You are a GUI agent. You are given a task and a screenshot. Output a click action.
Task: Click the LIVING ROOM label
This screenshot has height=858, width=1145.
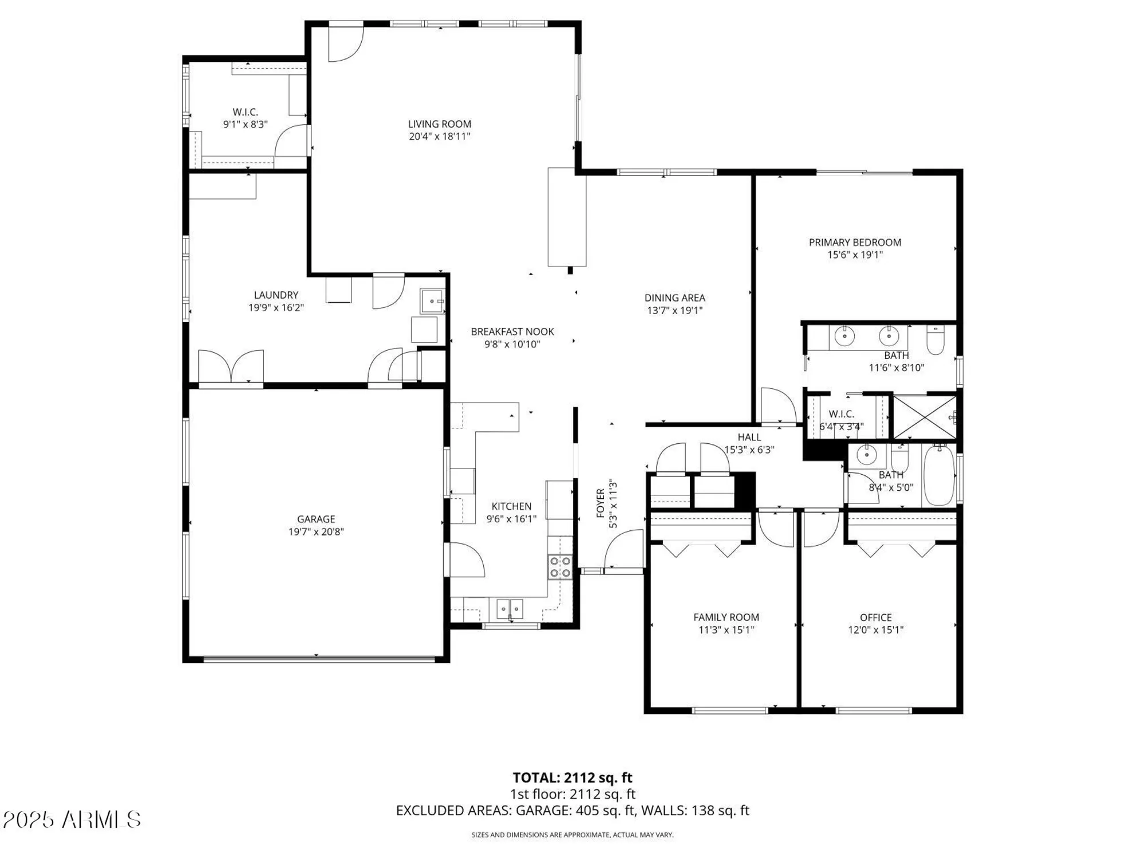[439, 124]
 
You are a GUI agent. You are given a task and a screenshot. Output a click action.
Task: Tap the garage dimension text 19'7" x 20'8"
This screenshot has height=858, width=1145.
[316, 532]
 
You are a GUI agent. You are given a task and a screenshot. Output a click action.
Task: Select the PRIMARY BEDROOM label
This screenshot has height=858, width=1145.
[855, 242]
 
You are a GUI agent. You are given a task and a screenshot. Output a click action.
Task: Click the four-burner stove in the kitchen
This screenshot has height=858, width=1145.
[560, 567]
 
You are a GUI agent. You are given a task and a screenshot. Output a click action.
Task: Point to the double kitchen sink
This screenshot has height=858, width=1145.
[510, 607]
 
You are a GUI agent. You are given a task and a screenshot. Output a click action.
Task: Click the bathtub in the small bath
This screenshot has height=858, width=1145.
[939, 475]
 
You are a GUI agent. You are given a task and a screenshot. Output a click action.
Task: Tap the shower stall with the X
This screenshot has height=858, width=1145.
[924, 416]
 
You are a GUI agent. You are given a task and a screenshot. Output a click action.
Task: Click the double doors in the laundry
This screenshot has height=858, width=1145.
[231, 366]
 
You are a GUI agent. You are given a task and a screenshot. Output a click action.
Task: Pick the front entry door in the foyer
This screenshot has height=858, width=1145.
[624, 551]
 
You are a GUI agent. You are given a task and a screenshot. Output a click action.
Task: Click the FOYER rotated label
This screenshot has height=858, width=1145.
[601, 503]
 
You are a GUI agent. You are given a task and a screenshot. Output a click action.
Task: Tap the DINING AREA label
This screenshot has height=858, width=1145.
[674, 297]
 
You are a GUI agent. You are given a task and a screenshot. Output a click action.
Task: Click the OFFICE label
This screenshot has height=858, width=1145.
[875, 617]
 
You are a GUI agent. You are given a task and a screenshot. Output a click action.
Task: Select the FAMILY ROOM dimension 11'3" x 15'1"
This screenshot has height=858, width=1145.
[726, 630]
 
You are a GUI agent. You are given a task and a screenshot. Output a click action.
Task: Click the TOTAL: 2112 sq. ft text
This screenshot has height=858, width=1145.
[572, 777]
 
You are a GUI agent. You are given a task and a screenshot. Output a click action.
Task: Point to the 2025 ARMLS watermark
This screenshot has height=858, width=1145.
[72, 820]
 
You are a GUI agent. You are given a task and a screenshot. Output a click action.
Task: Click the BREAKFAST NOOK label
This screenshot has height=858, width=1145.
[512, 331]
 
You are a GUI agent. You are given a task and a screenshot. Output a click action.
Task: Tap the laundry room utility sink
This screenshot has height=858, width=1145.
[432, 301]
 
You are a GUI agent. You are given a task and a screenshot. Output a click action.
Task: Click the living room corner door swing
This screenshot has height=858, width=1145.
[345, 43]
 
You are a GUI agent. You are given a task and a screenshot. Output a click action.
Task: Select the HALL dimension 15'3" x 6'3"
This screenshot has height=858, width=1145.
[749, 450]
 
